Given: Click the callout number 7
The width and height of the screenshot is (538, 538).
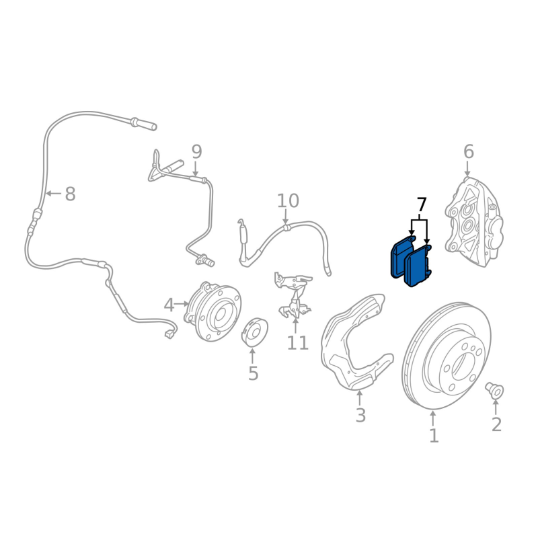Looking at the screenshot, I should [x=422, y=204].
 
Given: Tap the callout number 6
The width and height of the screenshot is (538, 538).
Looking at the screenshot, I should [x=469, y=152].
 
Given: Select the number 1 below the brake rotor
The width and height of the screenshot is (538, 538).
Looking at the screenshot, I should [x=434, y=436].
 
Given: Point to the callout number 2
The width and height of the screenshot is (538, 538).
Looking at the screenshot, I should [x=496, y=424].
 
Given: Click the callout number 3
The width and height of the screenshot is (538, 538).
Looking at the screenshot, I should [x=360, y=416].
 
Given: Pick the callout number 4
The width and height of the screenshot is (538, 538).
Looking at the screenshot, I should [x=169, y=305].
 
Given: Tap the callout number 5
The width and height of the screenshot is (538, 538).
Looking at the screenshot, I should [x=253, y=373].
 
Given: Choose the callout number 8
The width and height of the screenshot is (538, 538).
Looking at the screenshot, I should [x=70, y=194].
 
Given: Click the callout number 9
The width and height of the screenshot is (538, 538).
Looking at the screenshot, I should [x=196, y=151].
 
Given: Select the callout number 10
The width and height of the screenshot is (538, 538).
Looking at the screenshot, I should [x=287, y=200].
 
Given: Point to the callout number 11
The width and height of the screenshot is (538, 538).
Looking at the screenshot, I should [x=297, y=343].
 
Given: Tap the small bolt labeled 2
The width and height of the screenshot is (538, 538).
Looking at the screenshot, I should [x=495, y=389].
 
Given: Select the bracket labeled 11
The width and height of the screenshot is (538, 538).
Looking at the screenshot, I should [x=294, y=297].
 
